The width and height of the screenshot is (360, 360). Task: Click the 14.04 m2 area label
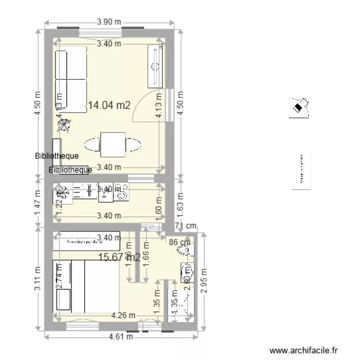point(109,106)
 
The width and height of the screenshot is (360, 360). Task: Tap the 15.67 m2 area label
point(119,258)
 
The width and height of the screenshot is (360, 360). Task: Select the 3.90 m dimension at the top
point(108,22)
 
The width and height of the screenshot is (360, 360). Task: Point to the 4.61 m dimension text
point(121,336)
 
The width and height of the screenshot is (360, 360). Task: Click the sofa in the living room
point(71,78)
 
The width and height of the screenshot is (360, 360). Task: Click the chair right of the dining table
point(134,144)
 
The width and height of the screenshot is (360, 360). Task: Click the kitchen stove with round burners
point(121,192)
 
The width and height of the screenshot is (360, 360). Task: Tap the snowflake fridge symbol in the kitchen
point(61,192)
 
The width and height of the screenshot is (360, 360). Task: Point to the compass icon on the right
point(300,107)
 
